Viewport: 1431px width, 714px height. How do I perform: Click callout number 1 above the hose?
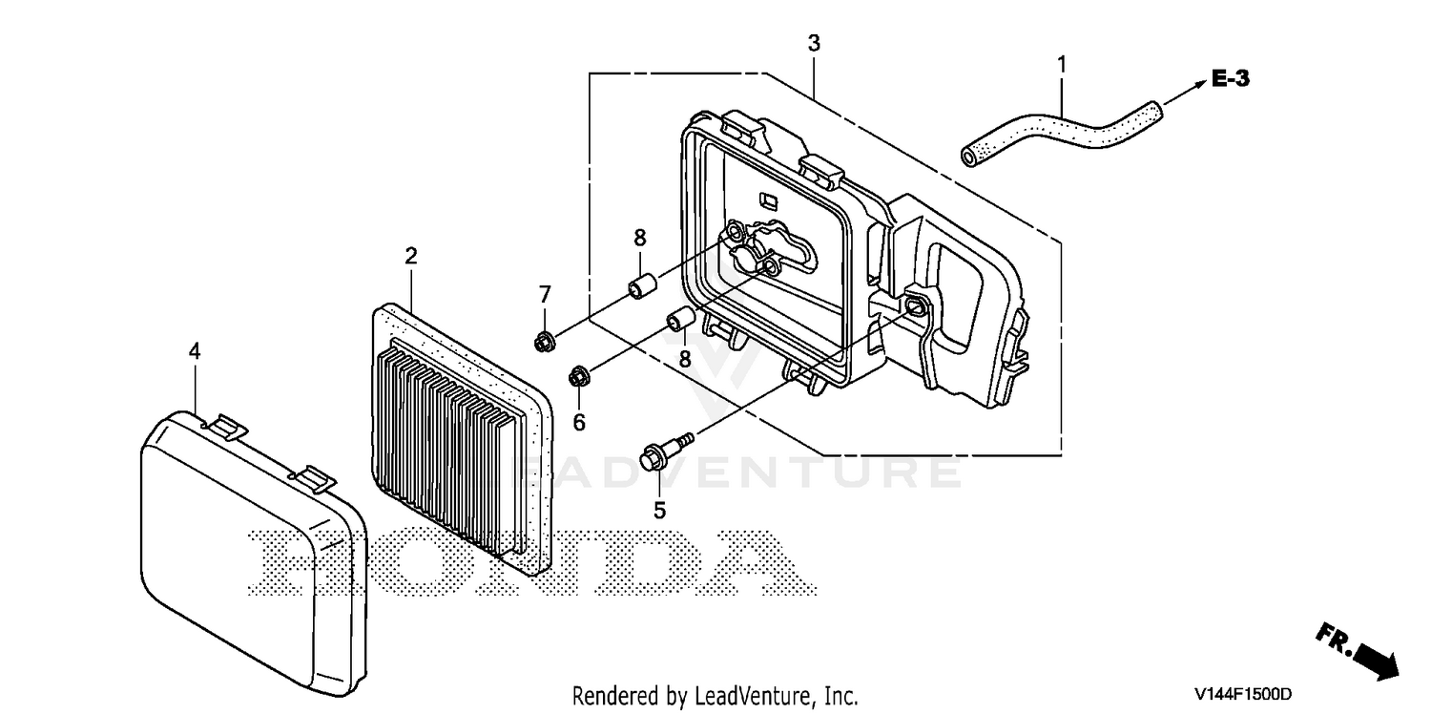(x=1062, y=65)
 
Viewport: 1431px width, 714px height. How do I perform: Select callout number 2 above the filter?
(x=411, y=256)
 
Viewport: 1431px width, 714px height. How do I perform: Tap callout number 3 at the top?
(x=813, y=43)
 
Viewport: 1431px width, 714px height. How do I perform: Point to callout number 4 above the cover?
(x=195, y=351)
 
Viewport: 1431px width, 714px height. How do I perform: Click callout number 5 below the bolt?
(x=659, y=510)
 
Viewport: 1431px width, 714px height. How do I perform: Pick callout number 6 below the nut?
(x=579, y=423)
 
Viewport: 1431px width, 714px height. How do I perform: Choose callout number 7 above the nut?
(x=545, y=295)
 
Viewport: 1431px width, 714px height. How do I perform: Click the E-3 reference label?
(x=1231, y=78)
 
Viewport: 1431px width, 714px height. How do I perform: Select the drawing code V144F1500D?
(x=1243, y=694)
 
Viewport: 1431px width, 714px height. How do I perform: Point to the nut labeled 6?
(x=579, y=376)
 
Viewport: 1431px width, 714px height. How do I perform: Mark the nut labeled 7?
(x=545, y=342)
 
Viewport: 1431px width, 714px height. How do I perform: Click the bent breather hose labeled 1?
(x=1061, y=131)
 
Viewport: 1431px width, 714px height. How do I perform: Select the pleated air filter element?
(x=461, y=439)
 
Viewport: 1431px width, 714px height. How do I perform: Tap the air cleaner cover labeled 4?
(x=254, y=553)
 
